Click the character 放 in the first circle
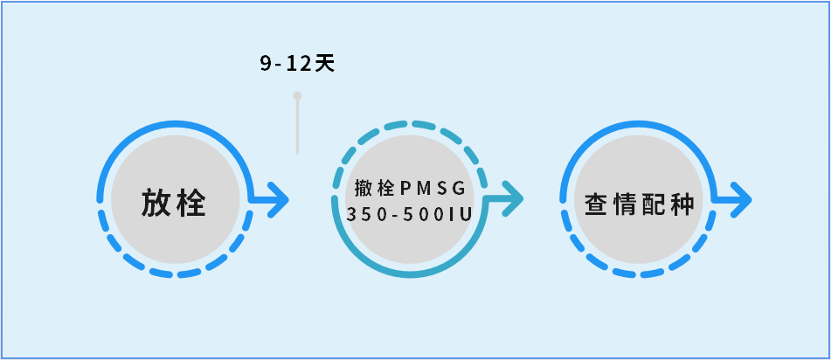(x=156, y=203)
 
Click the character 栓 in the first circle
(x=192, y=203)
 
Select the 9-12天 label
(x=297, y=64)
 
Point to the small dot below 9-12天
(x=297, y=95)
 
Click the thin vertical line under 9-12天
(x=297, y=127)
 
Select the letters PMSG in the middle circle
(x=433, y=188)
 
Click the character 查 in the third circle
(x=597, y=204)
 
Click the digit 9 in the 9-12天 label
(x=265, y=64)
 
